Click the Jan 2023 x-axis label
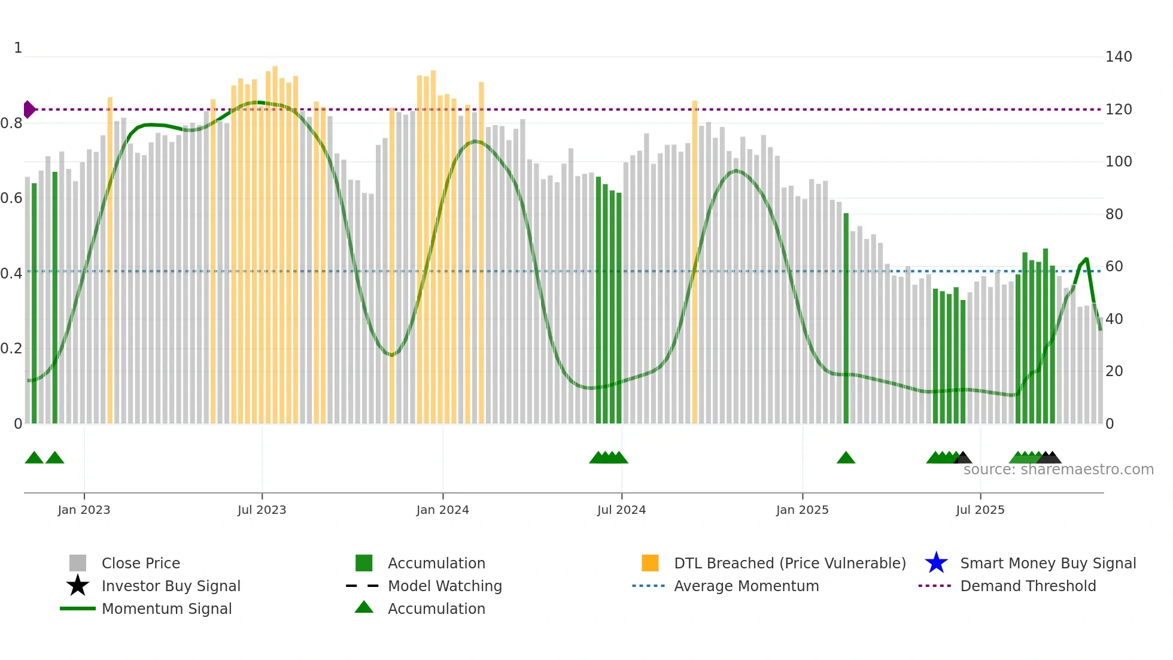point(84,510)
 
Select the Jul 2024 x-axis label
point(621,510)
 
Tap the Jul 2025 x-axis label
point(980,510)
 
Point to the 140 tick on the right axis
point(1119,57)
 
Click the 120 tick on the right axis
point(1119,110)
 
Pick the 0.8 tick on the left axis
point(11,123)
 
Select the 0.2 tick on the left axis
point(11,349)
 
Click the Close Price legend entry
point(141,563)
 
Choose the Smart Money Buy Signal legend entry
point(1047,563)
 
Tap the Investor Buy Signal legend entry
point(171,586)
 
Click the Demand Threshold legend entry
point(1028,586)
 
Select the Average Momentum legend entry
point(746,586)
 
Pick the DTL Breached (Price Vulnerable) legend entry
point(789,563)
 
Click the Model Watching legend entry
point(445,586)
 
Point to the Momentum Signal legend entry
point(166,608)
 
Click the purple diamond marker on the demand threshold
point(29,110)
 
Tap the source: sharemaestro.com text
point(1058,470)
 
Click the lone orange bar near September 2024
point(694,264)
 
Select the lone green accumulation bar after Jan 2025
point(846,317)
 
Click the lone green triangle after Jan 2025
point(846,458)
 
